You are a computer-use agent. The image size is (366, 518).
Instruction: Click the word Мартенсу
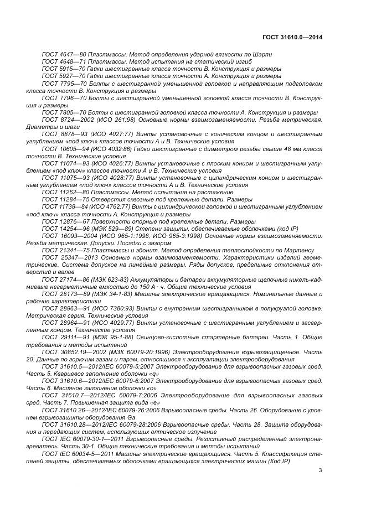click(x=300, y=250)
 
